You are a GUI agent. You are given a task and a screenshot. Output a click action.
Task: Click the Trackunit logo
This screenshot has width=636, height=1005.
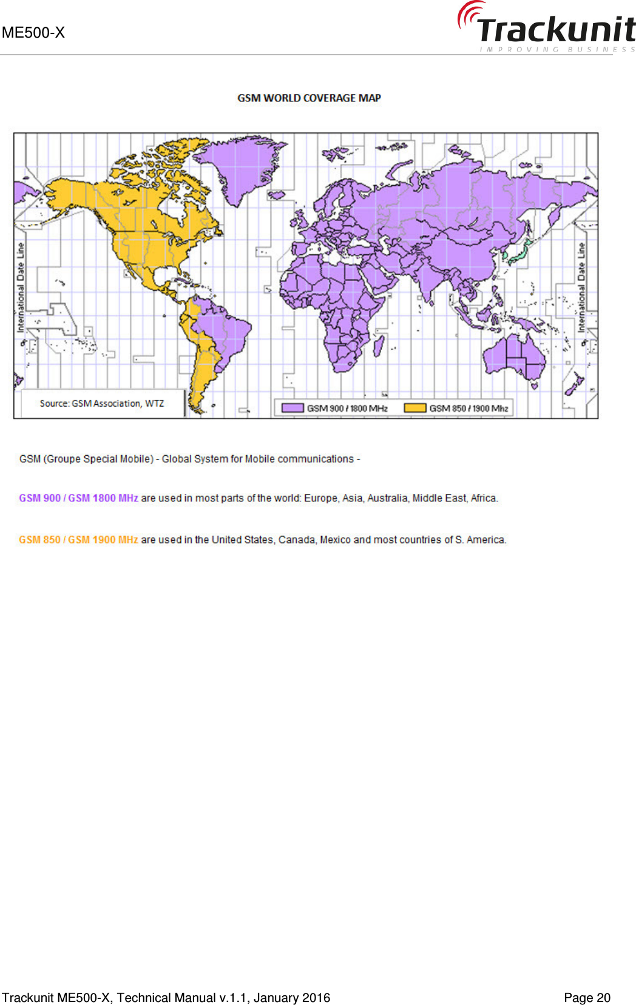546,27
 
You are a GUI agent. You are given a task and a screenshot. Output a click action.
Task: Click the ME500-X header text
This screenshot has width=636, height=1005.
33,33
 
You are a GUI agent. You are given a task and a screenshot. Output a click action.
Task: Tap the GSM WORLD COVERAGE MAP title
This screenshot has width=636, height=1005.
309,98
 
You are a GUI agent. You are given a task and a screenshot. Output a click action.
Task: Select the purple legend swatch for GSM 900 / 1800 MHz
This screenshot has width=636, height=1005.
293,408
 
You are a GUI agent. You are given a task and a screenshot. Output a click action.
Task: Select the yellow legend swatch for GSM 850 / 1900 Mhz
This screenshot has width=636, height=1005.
415,408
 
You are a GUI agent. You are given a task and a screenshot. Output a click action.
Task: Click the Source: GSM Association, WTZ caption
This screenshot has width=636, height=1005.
102,403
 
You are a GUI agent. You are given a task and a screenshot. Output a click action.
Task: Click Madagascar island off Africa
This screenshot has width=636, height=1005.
378,345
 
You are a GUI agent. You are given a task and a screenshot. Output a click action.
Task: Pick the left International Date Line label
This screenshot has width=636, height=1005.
21,287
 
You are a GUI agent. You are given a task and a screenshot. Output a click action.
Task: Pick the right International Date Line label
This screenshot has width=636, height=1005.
581,287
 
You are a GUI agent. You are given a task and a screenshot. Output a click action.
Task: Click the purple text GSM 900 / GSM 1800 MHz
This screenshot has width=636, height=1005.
78,498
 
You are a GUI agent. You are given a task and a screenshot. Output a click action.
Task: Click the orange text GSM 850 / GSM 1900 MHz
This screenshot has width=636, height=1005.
78,540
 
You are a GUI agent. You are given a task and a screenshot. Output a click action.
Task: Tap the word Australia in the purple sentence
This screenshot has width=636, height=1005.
387,498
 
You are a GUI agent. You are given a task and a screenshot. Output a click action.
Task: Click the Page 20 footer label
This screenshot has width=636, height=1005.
587,998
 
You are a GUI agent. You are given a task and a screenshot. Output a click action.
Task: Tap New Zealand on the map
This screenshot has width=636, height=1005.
573,385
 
